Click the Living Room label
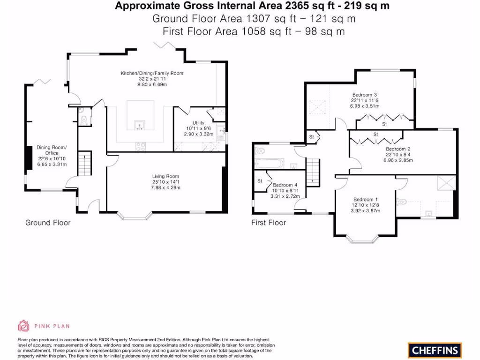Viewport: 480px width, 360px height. coord(165,176)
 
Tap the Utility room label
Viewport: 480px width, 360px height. coord(198,123)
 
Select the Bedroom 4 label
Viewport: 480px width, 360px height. coord(285,185)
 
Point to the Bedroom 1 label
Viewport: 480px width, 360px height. coord(366,200)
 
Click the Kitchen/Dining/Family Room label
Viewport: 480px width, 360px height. coord(152,73)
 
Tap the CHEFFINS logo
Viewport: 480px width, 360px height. coord(435,350)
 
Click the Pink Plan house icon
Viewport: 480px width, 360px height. coord(23,326)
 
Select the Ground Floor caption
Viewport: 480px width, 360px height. coord(48,223)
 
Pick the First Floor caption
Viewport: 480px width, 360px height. coord(269,223)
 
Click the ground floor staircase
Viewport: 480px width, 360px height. coord(85,164)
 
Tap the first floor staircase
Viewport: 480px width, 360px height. coord(313,172)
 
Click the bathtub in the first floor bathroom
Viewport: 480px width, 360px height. coord(270,164)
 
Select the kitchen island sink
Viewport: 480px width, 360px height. coord(140,125)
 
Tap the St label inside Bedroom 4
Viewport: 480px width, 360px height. coord(260,181)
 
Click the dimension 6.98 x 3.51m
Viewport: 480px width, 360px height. coord(365,106)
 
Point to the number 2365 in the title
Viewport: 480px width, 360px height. coord(295,6)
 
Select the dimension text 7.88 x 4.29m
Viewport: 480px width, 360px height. coord(165,187)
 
